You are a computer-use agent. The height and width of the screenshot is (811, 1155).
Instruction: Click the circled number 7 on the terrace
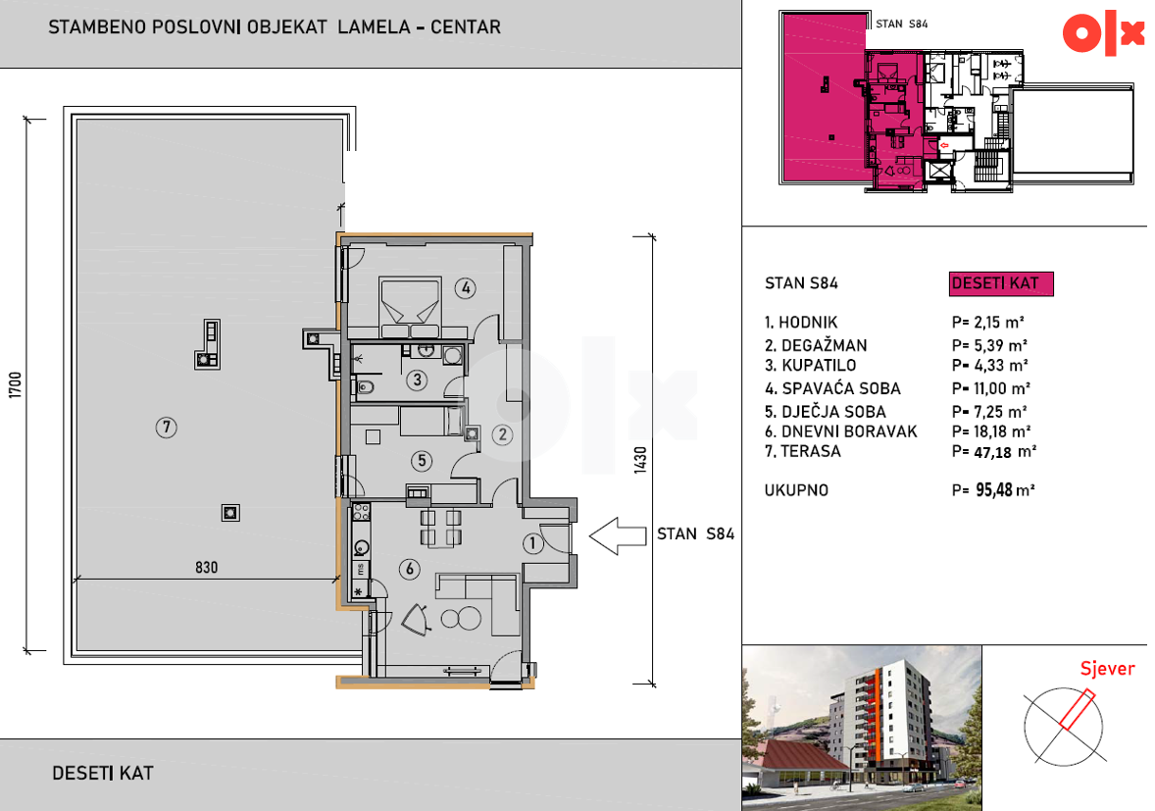[x=167, y=428]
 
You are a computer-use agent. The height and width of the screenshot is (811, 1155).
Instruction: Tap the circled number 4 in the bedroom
[x=465, y=288]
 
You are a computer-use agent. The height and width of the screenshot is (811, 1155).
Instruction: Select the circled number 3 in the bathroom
[x=417, y=380]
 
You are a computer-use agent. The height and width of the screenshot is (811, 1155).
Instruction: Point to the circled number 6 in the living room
[x=410, y=569]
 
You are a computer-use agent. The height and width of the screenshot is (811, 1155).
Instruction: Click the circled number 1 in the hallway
[x=532, y=543]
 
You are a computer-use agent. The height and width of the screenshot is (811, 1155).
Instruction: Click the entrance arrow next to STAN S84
[x=618, y=535]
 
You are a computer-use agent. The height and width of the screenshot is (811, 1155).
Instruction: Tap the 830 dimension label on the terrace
[x=206, y=567]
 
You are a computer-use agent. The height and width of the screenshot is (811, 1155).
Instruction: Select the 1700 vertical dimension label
[x=15, y=384]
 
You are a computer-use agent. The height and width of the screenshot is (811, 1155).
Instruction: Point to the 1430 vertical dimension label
[x=640, y=460]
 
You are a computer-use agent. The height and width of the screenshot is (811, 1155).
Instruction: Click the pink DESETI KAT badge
[x=1001, y=283]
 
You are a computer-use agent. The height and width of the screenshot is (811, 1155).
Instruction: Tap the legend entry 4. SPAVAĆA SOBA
[x=832, y=388]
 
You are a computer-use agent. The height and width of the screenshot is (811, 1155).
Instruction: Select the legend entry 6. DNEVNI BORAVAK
[x=840, y=431]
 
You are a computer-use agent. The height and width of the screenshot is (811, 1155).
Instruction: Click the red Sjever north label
[x=1107, y=669]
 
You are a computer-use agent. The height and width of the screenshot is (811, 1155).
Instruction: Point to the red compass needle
[x=1077, y=709]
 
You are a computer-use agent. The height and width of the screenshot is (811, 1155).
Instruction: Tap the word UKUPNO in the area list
[x=796, y=490]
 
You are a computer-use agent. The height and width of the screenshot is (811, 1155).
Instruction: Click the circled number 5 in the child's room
[x=422, y=461]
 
